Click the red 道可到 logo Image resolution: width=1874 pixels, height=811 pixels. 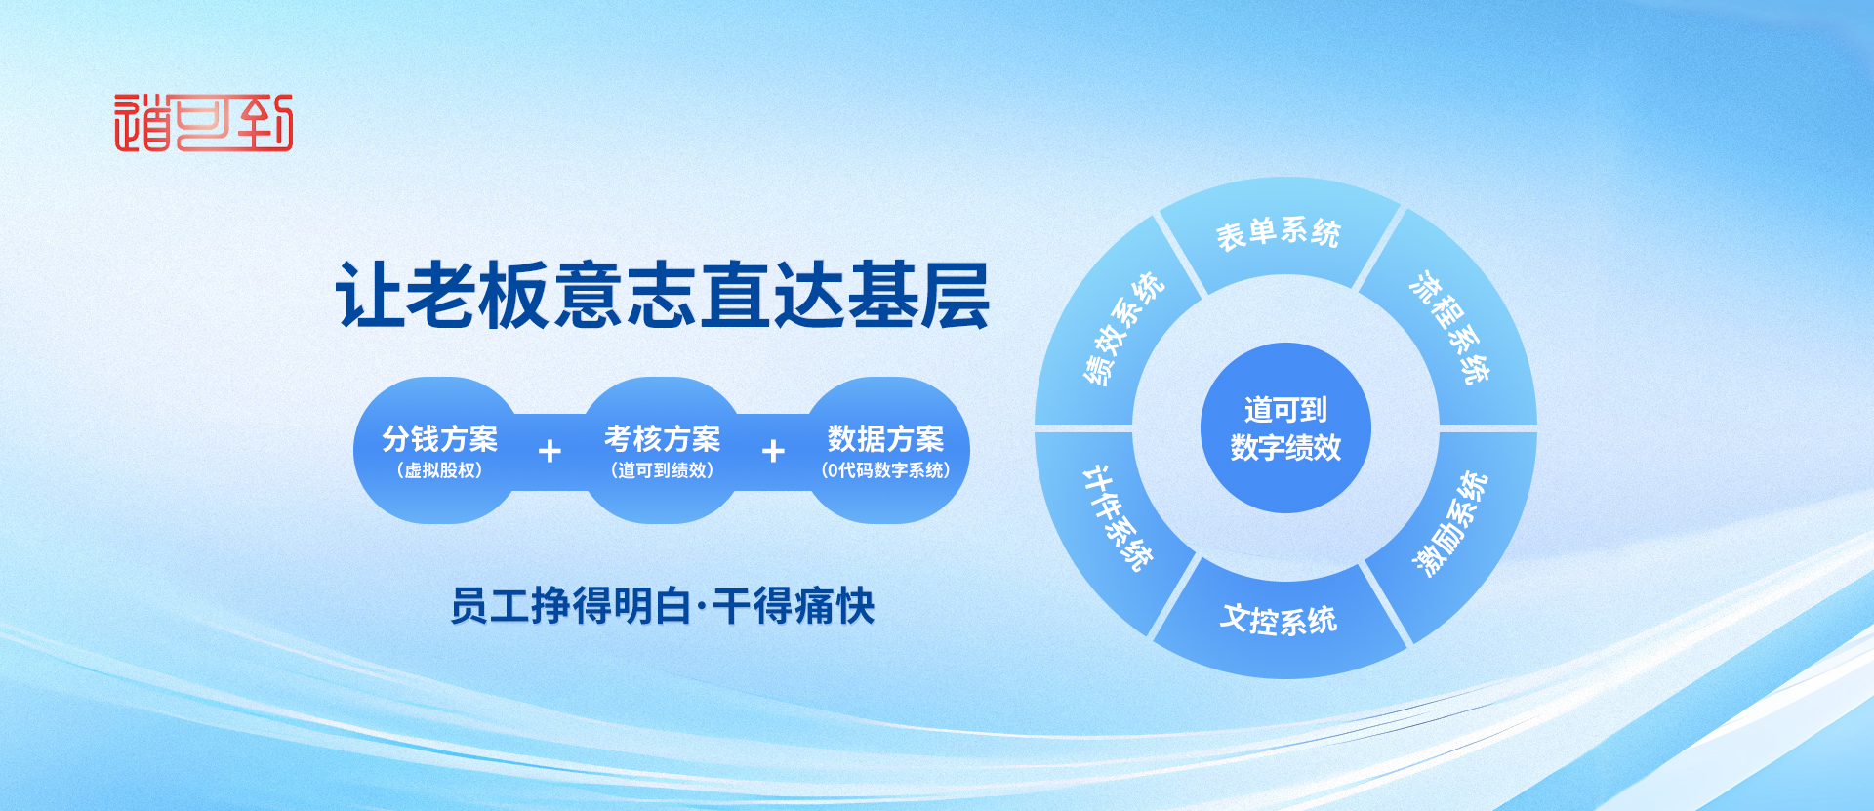(x=203, y=123)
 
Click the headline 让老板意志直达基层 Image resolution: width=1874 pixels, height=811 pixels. (x=663, y=295)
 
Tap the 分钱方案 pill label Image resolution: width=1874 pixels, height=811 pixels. (x=440, y=438)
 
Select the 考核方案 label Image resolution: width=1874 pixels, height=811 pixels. (x=663, y=438)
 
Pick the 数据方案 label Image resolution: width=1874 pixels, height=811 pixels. (x=886, y=438)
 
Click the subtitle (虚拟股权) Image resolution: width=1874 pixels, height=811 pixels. (x=440, y=470)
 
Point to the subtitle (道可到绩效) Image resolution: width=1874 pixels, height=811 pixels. (x=663, y=470)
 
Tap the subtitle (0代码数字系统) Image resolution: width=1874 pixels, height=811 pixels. (x=886, y=470)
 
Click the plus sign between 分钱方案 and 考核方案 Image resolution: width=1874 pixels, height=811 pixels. (x=550, y=451)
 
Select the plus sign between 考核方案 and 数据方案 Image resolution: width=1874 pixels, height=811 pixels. (x=773, y=451)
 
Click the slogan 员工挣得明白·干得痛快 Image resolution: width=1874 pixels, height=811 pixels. (x=663, y=606)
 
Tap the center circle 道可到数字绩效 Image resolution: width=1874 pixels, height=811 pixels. (x=1285, y=427)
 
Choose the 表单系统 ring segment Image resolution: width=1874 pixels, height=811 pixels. (x=1279, y=233)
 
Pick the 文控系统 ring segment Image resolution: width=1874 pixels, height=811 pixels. (x=1279, y=621)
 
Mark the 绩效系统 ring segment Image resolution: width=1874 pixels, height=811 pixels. (x=1122, y=328)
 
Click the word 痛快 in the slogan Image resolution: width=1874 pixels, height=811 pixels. (x=835, y=606)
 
